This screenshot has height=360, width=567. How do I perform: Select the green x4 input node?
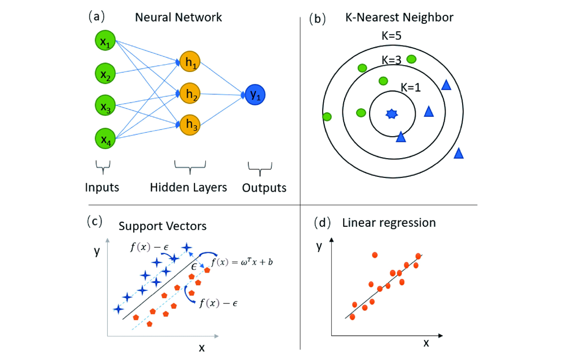105,139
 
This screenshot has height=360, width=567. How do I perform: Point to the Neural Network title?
179,17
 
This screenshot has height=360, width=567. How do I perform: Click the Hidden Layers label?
189,187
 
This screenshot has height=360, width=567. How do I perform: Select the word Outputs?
264,188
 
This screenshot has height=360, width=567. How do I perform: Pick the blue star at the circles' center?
391,114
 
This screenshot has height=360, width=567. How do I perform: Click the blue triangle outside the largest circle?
459,153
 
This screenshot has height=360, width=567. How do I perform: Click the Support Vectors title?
163,226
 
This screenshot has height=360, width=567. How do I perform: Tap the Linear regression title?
389,222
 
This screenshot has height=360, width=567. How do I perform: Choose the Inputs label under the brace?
102,187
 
